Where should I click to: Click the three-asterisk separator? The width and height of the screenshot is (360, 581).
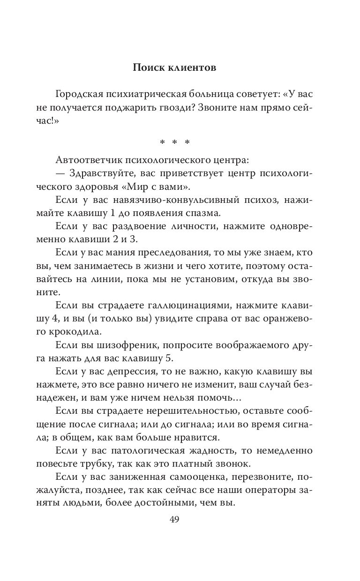174,142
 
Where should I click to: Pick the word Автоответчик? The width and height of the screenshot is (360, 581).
89,160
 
